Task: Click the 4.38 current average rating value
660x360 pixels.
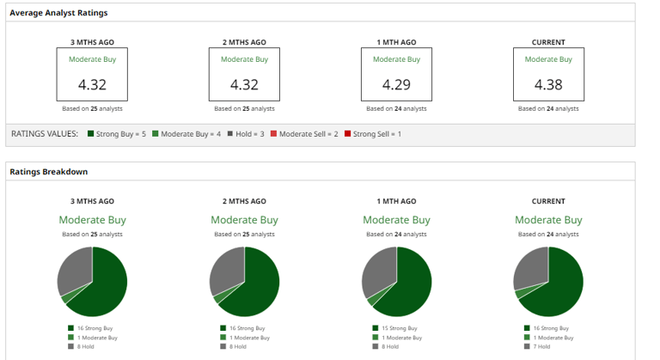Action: pos(548,84)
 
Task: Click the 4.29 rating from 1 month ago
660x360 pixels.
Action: pos(396,84)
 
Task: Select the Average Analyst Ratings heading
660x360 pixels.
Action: pos(58,13)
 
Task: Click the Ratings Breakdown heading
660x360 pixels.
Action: pos(49,172)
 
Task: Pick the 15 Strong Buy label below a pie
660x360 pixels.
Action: pos(400,328)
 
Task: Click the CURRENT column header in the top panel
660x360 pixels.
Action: pos(548,42)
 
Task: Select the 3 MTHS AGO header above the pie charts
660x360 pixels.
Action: pos(92,201)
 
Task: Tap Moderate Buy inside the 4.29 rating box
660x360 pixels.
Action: pos(396,59)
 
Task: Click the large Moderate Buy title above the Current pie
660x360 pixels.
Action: pos(548,220)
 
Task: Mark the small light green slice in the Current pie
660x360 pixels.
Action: pos(520,294)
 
